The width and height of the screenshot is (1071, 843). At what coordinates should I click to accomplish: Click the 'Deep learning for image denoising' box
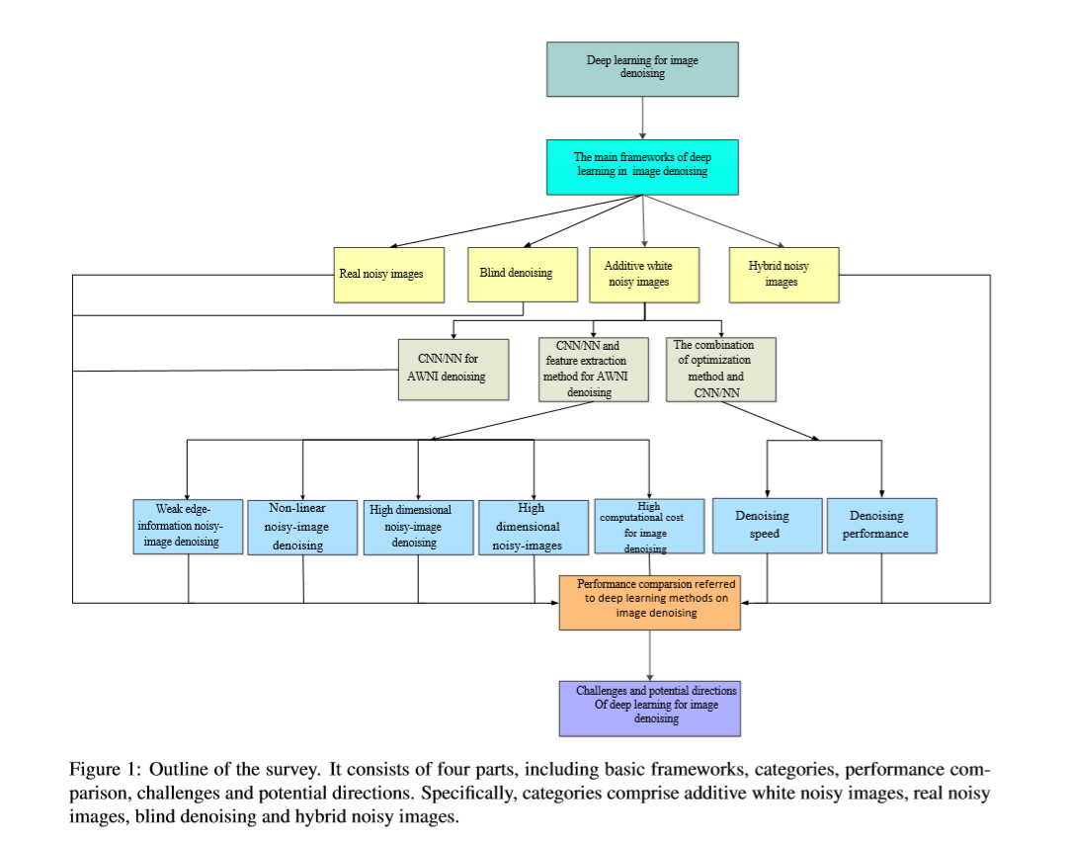click(642, 69)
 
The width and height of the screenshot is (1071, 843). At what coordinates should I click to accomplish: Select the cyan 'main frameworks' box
click(642, 167)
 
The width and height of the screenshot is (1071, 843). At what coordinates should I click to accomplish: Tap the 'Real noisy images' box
click(388, 275)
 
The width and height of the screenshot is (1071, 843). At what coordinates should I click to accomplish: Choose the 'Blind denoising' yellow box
click(523, 275)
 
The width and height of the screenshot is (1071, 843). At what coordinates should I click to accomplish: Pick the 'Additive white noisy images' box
click(644, 275)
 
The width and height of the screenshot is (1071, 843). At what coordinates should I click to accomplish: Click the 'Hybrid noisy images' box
click(784, 275)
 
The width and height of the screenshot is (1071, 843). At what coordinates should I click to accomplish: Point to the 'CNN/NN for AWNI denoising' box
click(453, 370)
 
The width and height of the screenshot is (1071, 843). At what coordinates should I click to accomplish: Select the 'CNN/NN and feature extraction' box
click(594, 370)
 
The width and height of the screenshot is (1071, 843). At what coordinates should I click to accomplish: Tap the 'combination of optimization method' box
click(721, 370)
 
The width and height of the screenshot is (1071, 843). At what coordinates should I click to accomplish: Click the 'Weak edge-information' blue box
click(188, 527)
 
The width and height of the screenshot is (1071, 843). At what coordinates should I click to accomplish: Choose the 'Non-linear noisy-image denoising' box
click(302, 528)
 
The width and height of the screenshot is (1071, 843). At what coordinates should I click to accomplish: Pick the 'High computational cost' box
click(649, 526)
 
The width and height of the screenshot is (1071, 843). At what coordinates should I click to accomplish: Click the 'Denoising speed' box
click(767, 526)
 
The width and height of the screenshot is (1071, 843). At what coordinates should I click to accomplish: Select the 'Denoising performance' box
click(882, 526)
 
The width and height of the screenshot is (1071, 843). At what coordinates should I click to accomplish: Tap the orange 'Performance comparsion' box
click(649, 603)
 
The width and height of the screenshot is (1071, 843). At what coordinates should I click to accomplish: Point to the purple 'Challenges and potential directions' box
click(649, 709)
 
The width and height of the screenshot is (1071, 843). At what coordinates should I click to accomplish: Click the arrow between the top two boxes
click(642, 119)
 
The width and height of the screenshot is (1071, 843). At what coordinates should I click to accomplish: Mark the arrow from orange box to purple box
click(649, 655)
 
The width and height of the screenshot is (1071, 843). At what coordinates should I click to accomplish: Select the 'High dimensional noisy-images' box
click(534, 528)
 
